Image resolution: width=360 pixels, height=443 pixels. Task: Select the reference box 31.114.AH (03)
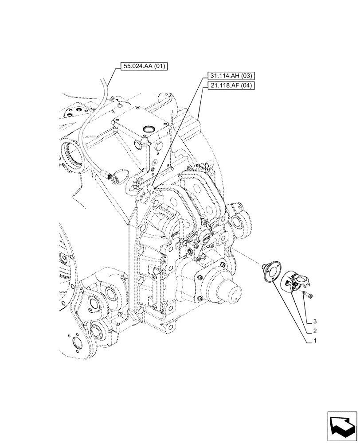click(x=229, y=76)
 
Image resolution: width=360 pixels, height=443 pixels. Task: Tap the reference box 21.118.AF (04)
click(x=229, y=86)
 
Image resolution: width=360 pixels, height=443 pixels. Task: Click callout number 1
click(x=314, y=342)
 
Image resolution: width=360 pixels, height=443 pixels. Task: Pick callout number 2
click(x=314, y=331)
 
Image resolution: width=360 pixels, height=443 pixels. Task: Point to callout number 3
click(x=314, y=320)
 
